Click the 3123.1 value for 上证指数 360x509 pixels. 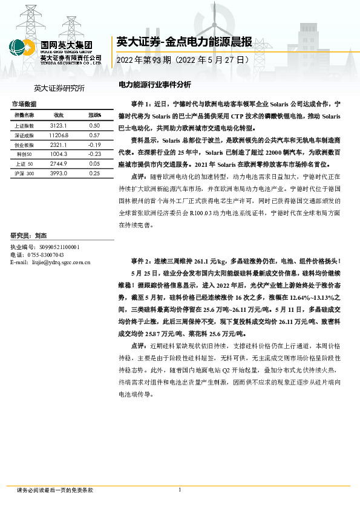pyautogui.click(x=59, y=125)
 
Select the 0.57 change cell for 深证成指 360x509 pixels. pyautogui.click(x=94, y=135)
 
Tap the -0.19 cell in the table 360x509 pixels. pyautogui.click(x=94, y=145)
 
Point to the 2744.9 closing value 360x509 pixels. pyautogui.click(x=59, y=164)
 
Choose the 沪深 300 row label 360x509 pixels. pyautogui.click(x=25, y=173)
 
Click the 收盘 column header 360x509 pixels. pyautogui.click(x=59, y=114)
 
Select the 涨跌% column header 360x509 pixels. pyautogui.click(x=94, y=114)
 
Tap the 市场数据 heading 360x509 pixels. pyautogui.click(x=24, y=104)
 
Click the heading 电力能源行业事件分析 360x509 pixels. pyautogui.click(x=155, y=85)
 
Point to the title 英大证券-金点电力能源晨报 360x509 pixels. pyautogui.click(x=183, y=42)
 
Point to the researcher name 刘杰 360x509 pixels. pyautogui.click(x=41, y=235)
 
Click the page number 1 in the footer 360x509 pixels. pyautogui.click(x=180, y=490)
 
